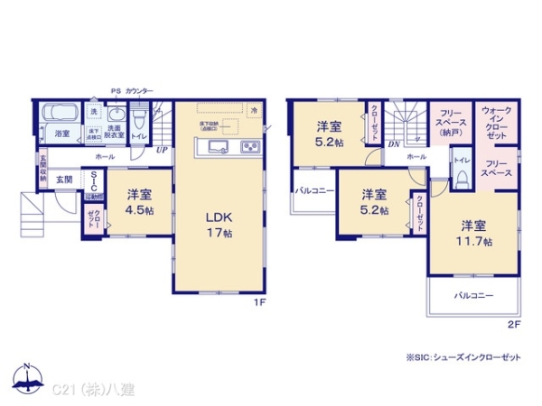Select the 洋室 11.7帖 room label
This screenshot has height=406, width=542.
pos(474,233)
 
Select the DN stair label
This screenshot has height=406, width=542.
pos(395,143)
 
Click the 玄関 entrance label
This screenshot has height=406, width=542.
pos(64,180)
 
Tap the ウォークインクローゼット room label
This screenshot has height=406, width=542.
pos(497,123)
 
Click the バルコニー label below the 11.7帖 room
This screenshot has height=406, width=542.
pos(473,295)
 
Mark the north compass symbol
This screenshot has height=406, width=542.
pos(27,378)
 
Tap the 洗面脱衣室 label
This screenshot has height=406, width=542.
pos(115,133)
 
